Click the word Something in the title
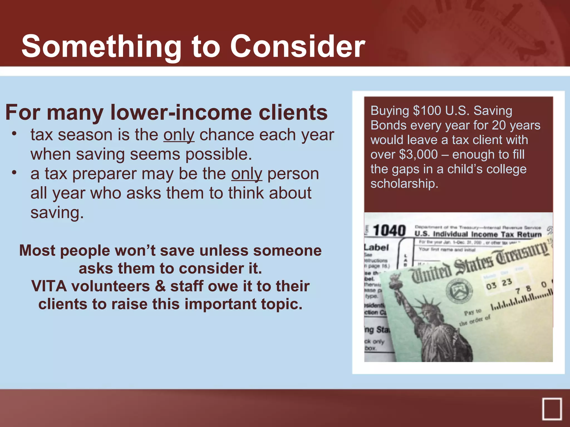pos(101,47)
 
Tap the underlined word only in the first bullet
pos(179,135)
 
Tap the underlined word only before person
pos(247,174)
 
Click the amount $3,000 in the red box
pos(418,155)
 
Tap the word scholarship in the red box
pos(404,184)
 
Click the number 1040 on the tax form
pos(389,230)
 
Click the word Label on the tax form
pos(376,247)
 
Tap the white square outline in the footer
pos(552,409)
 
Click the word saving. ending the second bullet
pos(57,213)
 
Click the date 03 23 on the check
pos(499,284)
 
